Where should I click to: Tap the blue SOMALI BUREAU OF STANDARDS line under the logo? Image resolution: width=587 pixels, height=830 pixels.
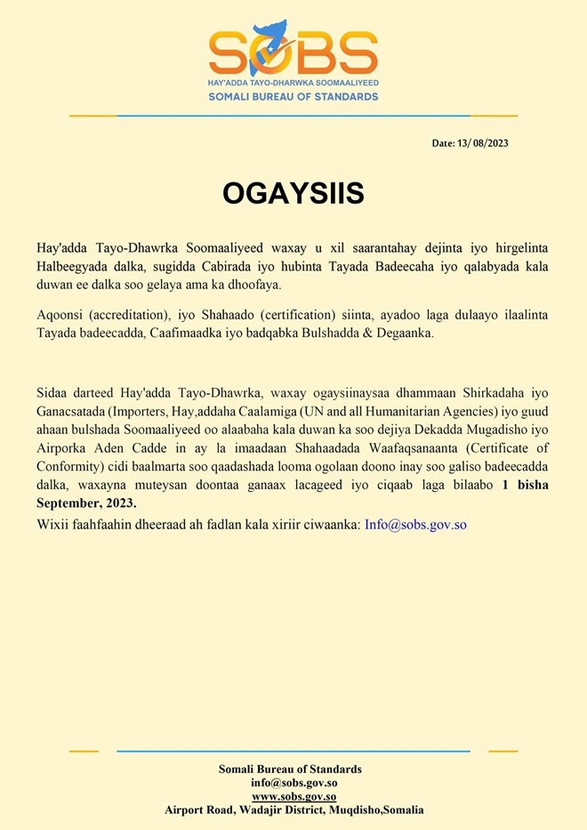(293, 96)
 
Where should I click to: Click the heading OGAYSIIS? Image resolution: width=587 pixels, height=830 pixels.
(293, 193)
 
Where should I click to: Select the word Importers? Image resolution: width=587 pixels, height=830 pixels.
(142, 411)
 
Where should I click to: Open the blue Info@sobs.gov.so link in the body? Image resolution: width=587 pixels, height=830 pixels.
(415, 524)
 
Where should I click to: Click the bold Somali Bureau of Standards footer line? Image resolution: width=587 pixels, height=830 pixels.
(290, 770)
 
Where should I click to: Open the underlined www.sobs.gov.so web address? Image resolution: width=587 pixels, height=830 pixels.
(293, 796)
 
